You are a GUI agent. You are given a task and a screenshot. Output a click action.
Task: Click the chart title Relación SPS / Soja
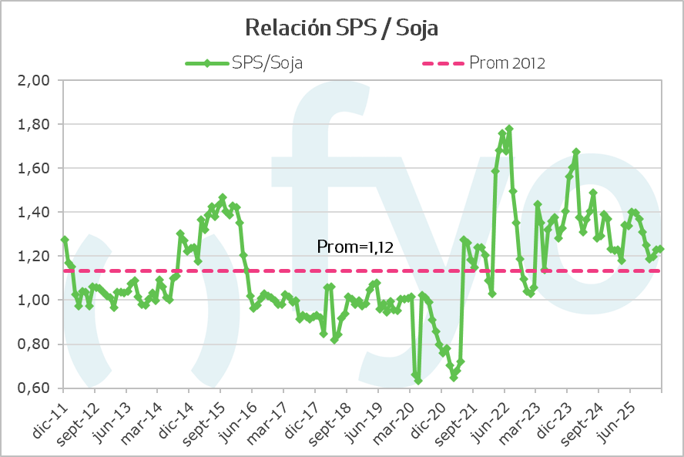[x=341, y=29]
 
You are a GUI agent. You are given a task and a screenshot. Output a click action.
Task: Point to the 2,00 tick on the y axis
[x=33, y=80]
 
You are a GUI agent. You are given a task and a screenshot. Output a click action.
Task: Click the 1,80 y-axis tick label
[x=33, y=124]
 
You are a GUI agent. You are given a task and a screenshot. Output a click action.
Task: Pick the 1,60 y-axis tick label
[x=33, y=168]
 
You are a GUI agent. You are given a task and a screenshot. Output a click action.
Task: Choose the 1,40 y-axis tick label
[x=33, y=212]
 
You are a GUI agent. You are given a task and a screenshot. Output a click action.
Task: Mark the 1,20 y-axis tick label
[x=33, y=256]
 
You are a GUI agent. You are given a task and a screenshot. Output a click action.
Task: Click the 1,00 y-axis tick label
[x=33, y=300]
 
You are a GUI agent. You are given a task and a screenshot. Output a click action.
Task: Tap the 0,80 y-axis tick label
[x=33, y=344]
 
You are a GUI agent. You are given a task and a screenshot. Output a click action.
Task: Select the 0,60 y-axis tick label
[x=33, y=388]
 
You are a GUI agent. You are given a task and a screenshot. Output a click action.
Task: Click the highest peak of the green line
[x=509, y=129]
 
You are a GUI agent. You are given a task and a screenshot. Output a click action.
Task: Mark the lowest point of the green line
[x=418, y=381]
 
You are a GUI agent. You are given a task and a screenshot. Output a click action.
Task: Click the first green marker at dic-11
[x=65, y=239]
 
